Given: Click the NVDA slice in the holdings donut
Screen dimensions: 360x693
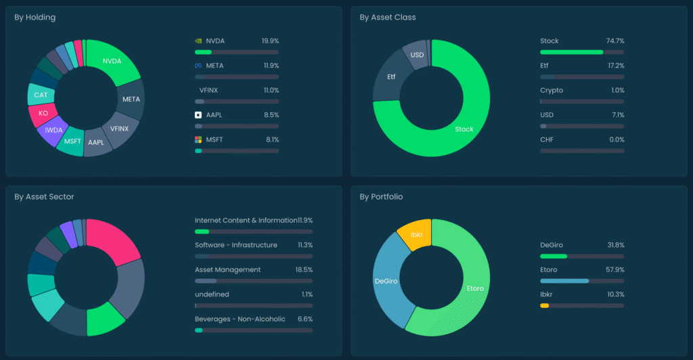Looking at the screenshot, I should tap(112, 61).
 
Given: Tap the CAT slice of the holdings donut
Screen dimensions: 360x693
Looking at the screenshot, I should tap(41, 95).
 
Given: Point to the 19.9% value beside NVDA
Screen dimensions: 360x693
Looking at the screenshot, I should tap(270, 41).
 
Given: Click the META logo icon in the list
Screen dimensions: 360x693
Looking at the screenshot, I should tap(198, 66).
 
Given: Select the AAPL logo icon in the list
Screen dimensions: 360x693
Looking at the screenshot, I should tap(198, 115).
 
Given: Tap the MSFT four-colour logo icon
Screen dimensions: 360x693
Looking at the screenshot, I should tap(198, 139).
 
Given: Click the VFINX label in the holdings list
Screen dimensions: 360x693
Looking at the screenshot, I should tap(208, 91).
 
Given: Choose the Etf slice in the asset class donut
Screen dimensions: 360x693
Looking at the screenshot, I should tap(390, 77).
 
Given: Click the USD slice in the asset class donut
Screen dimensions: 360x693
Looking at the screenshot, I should tap(416, 55).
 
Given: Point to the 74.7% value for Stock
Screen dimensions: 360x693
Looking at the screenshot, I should tap(615, 41).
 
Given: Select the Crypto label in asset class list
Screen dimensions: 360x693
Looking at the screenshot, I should tap(551, 91).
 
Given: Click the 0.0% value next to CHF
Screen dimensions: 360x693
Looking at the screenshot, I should tap(617, 139).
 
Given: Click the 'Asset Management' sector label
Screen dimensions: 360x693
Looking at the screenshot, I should tap(227, 270).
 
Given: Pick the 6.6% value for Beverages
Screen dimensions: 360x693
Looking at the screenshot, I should tap(305, 319).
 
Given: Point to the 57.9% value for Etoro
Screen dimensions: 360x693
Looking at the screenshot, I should tap(615, 270).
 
